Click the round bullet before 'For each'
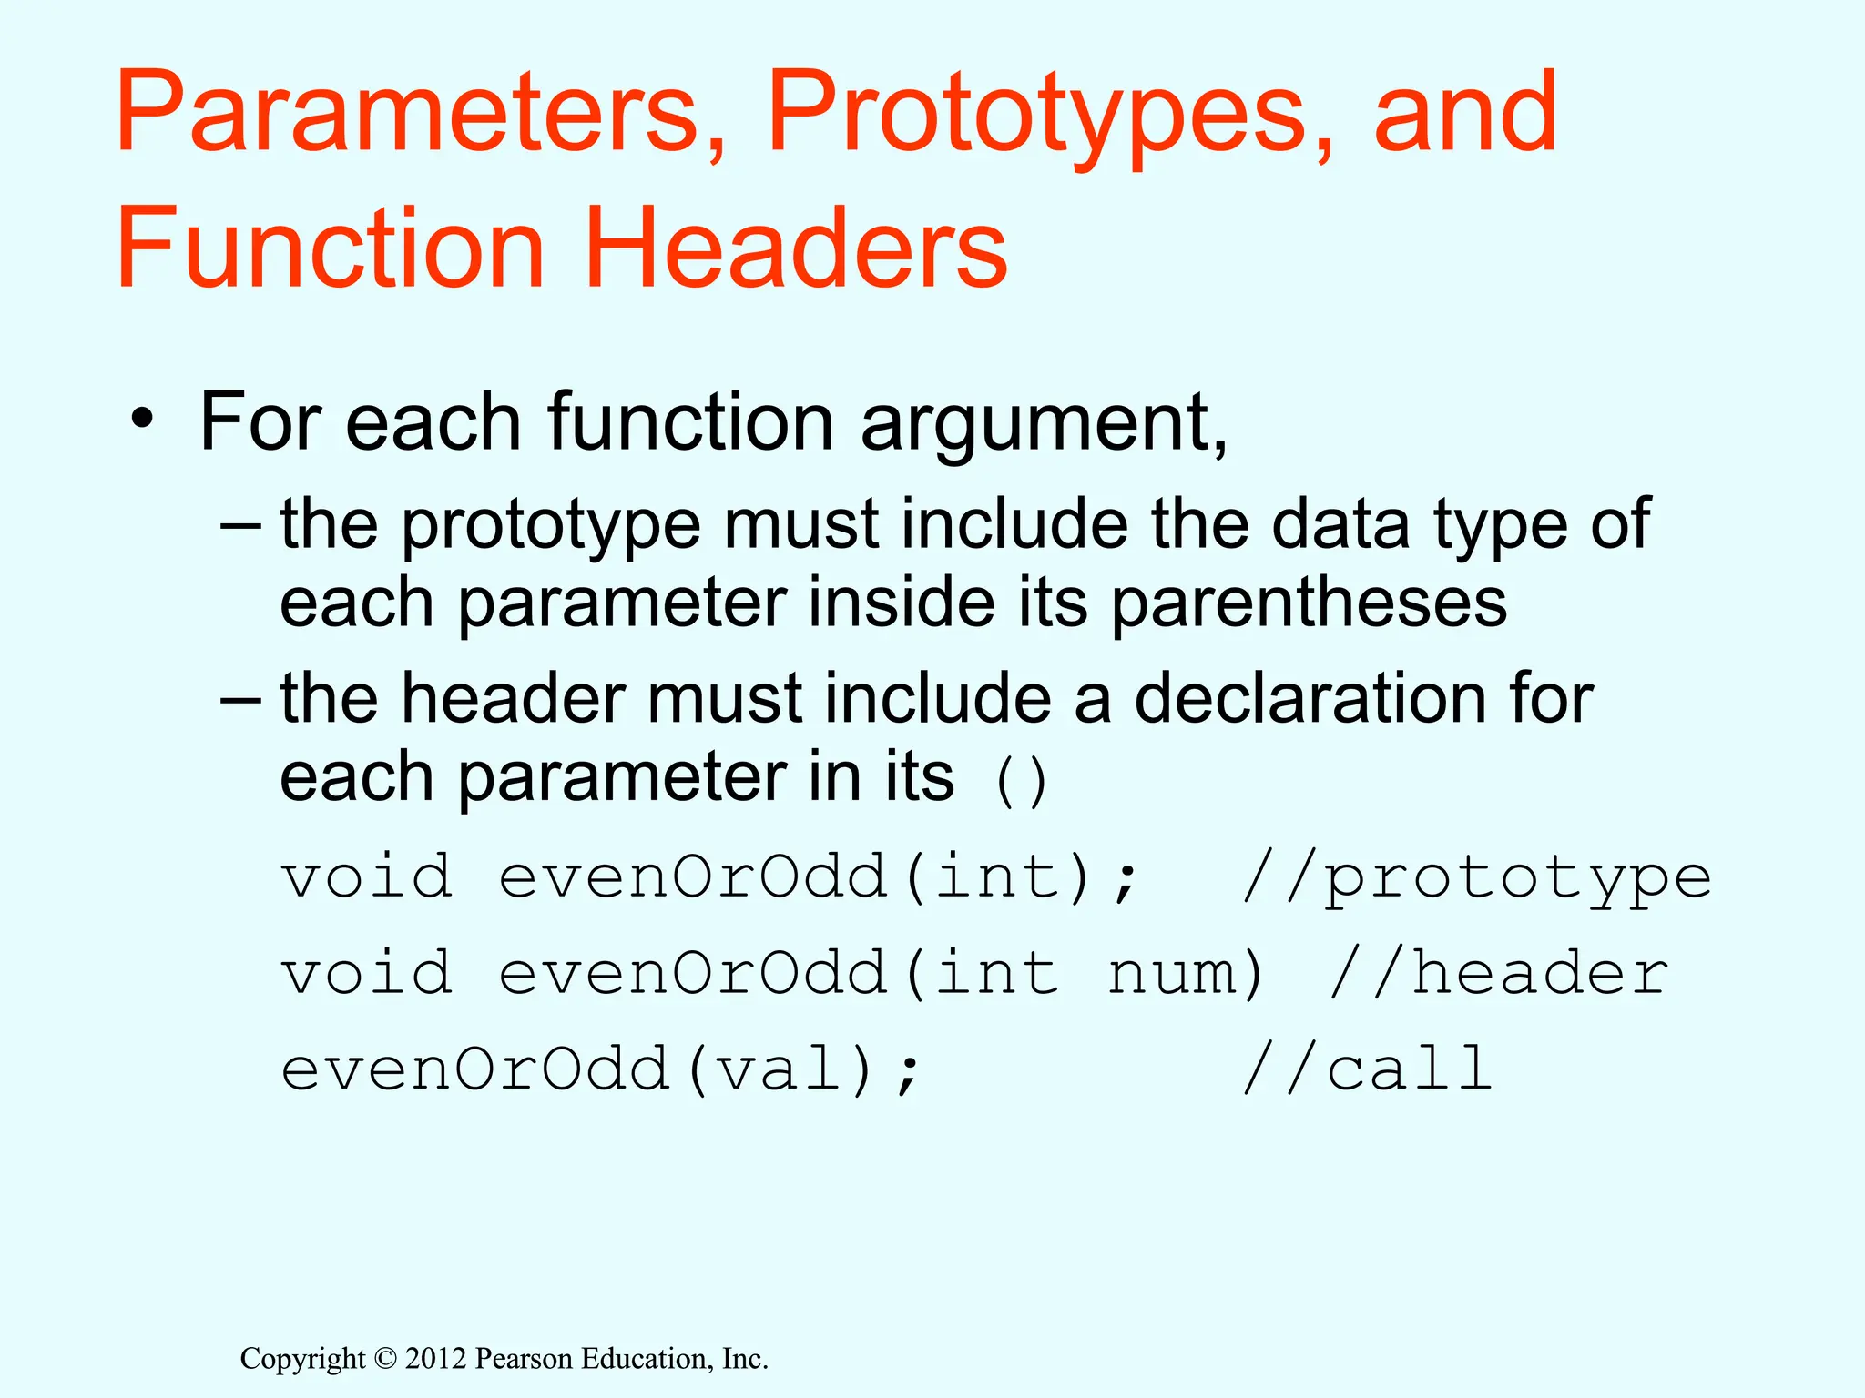pos(141,420)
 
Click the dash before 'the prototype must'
pos(241,526)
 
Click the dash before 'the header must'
pos(241,700)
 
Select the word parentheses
pos(1309,604)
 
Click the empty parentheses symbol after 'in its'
pos(1021,782)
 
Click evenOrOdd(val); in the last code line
pos(601,1069)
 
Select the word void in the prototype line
pos(367,877)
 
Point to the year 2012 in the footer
pos(435,1359)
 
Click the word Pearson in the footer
pos(525,1359)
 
